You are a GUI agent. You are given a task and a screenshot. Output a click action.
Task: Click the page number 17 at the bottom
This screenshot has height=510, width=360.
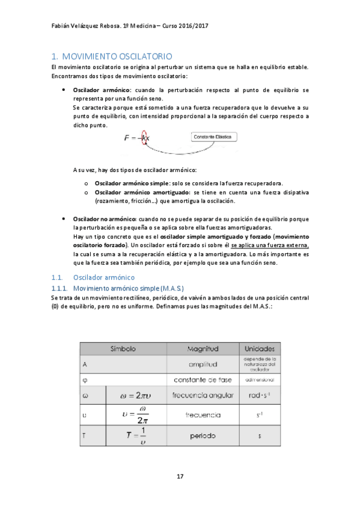point(180,476)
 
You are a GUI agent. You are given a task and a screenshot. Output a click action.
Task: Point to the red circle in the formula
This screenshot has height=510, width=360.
point(144,138)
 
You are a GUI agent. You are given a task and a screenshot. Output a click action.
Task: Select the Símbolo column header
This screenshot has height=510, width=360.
point(123,348)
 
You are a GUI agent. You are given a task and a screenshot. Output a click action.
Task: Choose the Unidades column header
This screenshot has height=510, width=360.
point(260,348)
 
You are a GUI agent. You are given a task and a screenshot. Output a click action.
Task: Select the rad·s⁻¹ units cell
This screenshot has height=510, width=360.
point(260,396)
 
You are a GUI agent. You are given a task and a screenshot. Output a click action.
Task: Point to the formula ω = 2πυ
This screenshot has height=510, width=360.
point(141,396)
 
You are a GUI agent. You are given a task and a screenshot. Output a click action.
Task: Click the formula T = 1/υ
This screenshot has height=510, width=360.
point(141,435)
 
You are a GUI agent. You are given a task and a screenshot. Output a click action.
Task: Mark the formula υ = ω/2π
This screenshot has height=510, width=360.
point(141,415)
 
